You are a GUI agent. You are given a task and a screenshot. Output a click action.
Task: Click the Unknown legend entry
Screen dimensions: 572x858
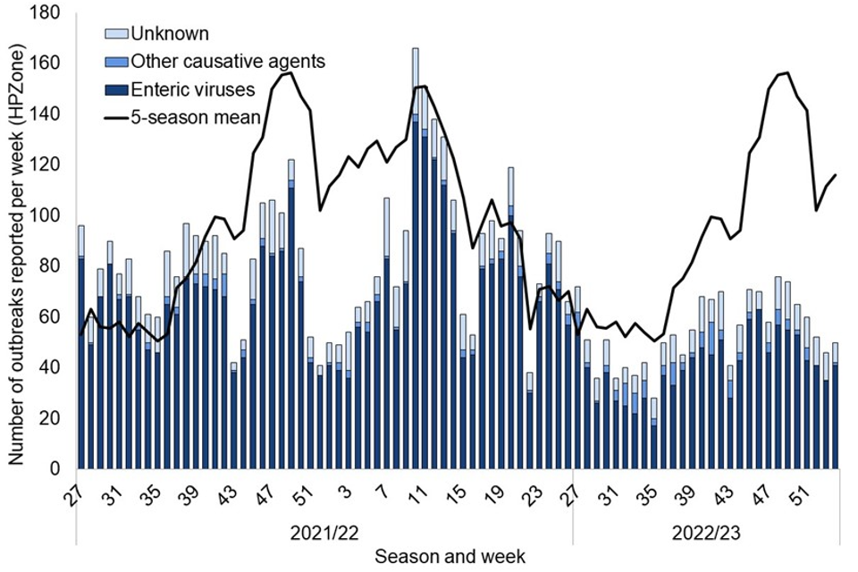click(169, 35)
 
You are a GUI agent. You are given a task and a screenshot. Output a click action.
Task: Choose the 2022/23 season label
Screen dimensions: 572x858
click(706, 534)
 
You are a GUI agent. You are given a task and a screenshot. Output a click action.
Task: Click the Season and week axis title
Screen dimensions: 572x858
click(450, 557)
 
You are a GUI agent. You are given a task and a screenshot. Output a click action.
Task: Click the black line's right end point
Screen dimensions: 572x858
click(835, 175)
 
